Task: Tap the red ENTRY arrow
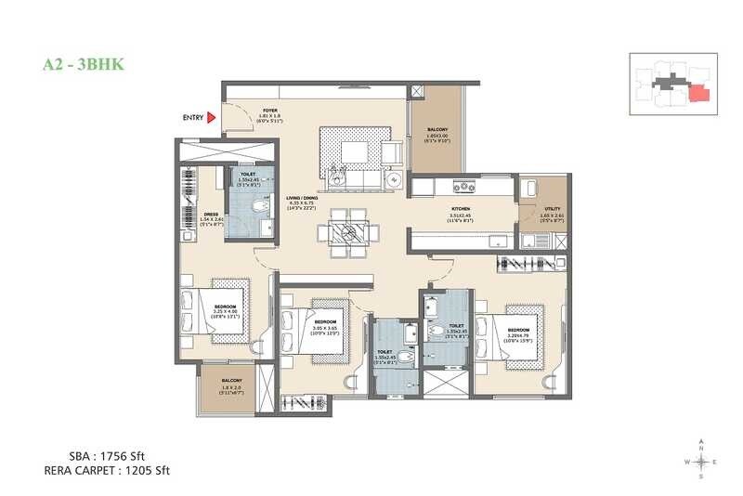[x=212, y=117]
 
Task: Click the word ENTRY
[x=193, y=117]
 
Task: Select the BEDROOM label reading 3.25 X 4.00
[x=226, y=307]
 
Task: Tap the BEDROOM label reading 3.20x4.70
[x=518, y=330]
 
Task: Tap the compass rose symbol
[x=702, y=460]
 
